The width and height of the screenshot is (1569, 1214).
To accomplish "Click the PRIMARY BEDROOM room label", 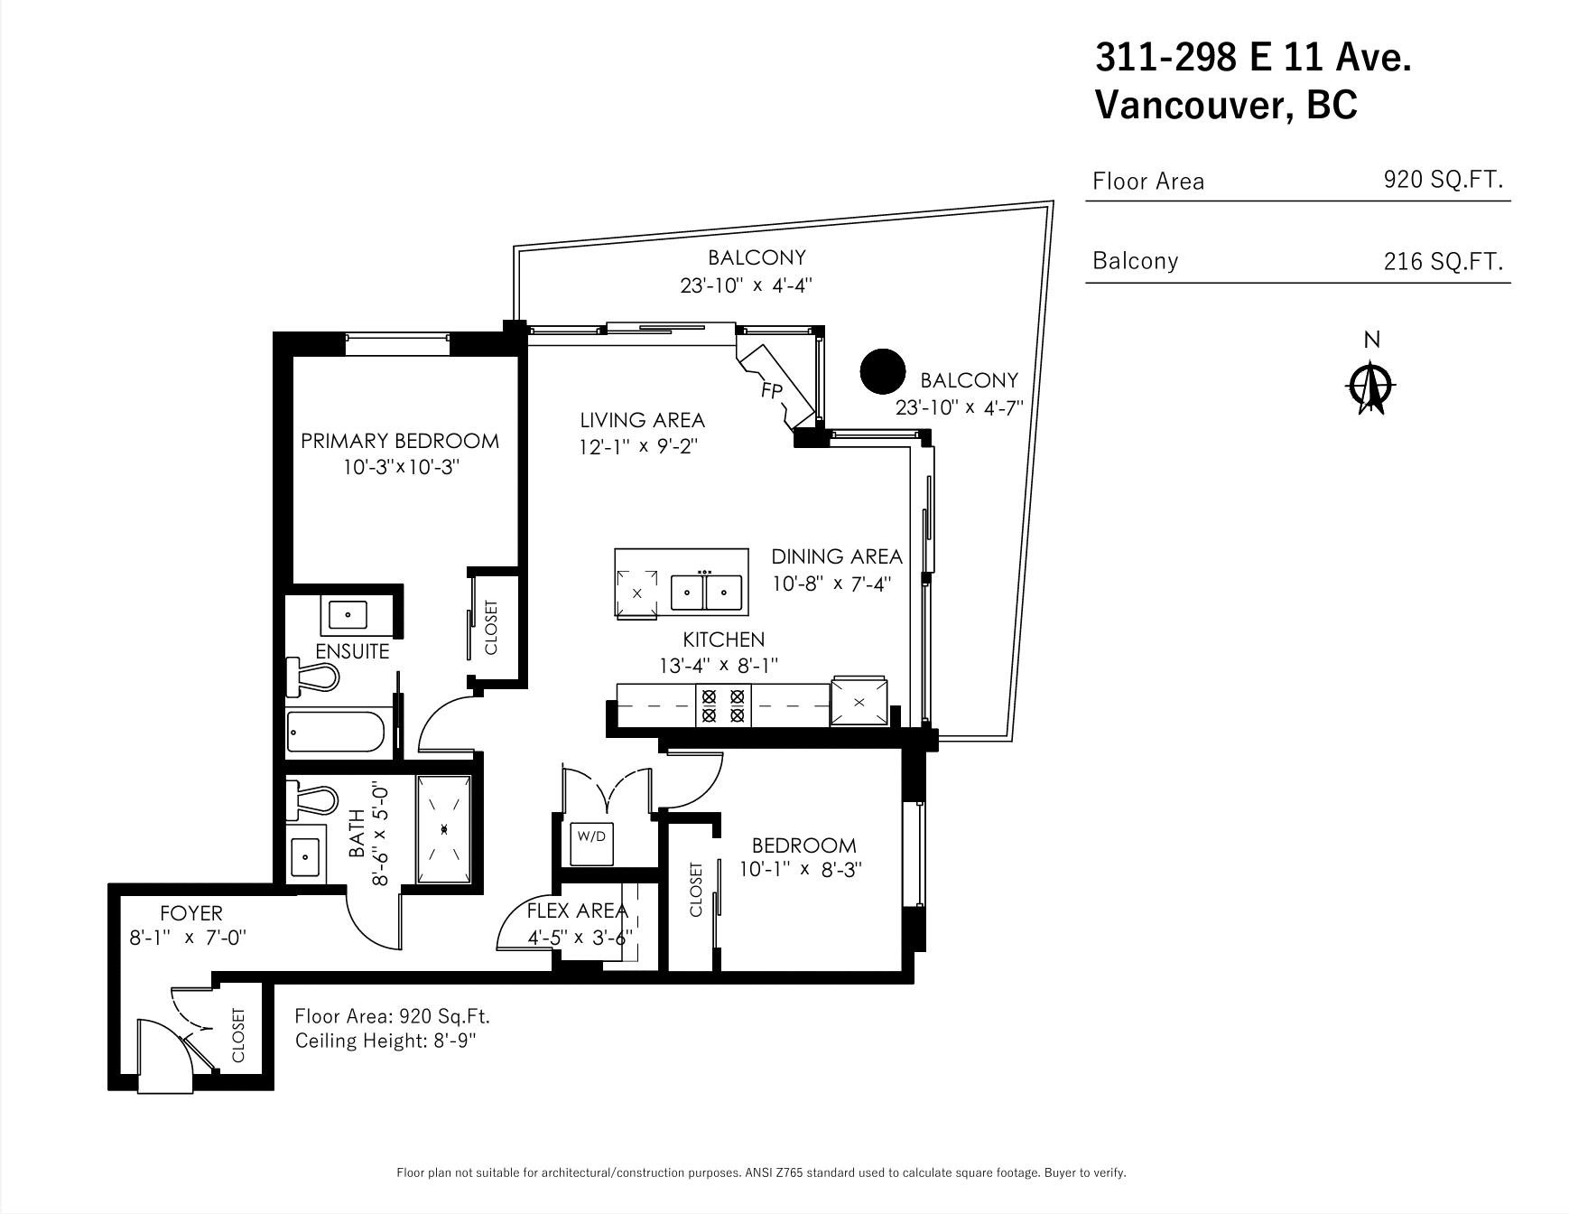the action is click(399, 441).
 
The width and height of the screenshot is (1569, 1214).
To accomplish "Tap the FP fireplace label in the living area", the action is click(772, 390).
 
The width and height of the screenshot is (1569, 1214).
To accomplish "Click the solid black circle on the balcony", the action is click(882, 372).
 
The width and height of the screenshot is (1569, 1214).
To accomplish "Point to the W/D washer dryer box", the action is click(591, 836).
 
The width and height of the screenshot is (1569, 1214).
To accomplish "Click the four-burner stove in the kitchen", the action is click(723, 705).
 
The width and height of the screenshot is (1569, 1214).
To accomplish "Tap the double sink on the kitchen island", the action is click(706, 593).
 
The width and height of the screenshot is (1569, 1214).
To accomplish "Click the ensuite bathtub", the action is click(338, 732).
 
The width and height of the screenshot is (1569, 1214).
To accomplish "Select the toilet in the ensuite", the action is click(311, 677).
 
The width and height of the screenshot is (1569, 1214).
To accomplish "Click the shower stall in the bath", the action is click(443, 829).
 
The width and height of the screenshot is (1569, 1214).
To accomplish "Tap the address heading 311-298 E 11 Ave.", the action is click(1253, 58).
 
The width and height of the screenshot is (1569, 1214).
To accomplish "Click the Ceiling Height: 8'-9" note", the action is click(385, 1041).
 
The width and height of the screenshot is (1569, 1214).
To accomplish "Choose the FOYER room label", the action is click(190, 913).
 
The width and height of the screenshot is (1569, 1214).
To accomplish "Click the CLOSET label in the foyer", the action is click(238, 1036).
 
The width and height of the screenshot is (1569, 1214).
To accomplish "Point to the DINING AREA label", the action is click(837, 556).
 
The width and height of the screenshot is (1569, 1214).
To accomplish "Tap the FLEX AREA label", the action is click(577, 910).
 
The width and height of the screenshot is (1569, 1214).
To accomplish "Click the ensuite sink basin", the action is click(348, 614).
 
